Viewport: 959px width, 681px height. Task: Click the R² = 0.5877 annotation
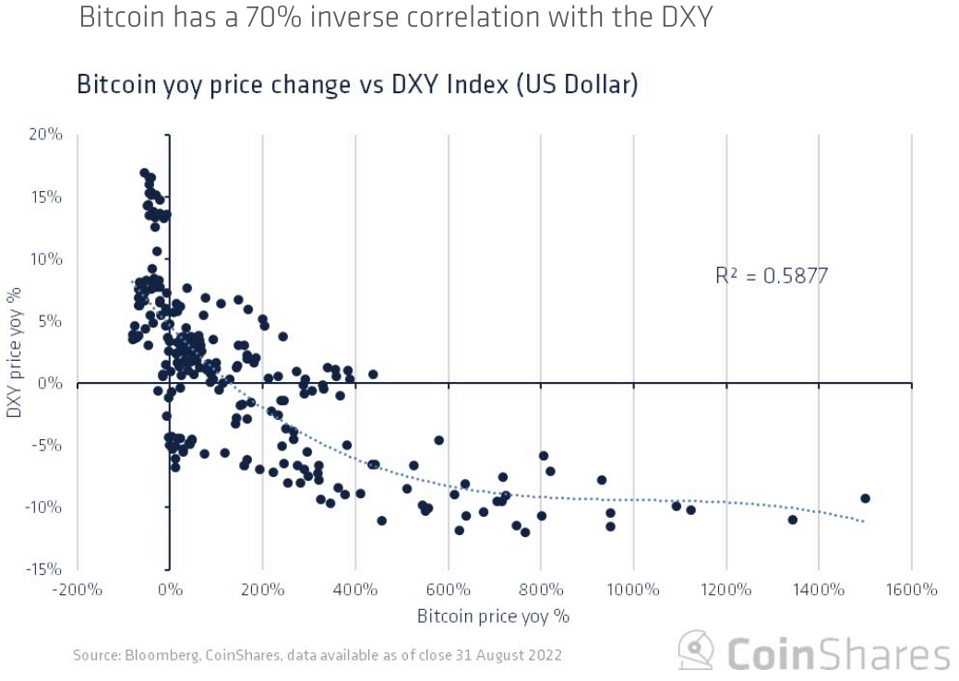pyautogui.click(x=772, y=275)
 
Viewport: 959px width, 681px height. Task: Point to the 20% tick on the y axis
pyautogui.click(x=44, y=135)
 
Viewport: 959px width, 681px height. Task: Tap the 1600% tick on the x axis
pyautogui.click(x=912, y=590)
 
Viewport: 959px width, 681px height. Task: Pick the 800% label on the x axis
pyautogui.click(x=540, y=590)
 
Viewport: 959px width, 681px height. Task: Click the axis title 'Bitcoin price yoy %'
pyautogui.click(x=493, y=615)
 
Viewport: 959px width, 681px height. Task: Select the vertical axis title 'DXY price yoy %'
pyautogui.click(x=16, y=352)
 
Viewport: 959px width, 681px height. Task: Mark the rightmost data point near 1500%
pyautogui.click(x=865, y=498)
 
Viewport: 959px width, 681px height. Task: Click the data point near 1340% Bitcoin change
pyautogui.click(x=792, y=520)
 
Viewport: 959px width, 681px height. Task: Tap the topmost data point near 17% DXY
pyautogui.click(x=145, y=173)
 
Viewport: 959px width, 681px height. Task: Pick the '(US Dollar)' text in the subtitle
pyautogui.click(x=577, y=85)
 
